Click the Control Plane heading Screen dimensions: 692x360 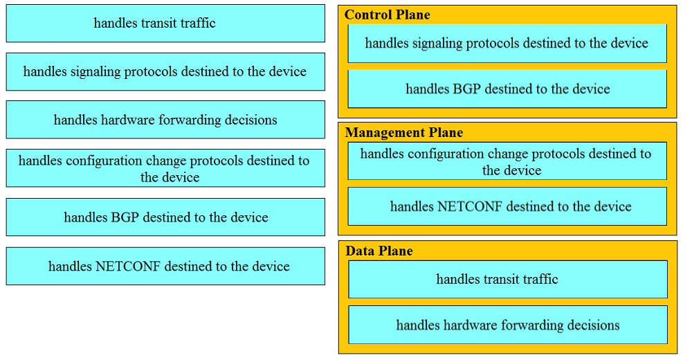click(x=387, y=15)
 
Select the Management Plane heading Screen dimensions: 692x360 click(x=404, y=132)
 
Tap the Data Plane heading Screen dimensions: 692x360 click(x=379, y=251)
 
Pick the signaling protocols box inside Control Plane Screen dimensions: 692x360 click(x=507, y=44)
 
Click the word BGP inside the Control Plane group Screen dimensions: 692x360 click(x=467, y=89)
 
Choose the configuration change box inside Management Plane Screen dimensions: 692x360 click(x=507, y=161)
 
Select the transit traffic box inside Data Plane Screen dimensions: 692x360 click(x=507, y=279)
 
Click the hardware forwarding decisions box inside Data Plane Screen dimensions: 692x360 click(x=507, y=325)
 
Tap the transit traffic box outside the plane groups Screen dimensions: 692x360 click(x=165, y=24)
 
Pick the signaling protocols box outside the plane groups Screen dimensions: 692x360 click(x=165, y=71)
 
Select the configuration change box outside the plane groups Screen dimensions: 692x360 click(x=165, y=168)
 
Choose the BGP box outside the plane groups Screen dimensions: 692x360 click(x=165, y=217)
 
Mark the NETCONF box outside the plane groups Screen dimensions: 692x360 click(x=165, y=266)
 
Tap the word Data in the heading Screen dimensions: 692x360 click(x=358, y=251)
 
